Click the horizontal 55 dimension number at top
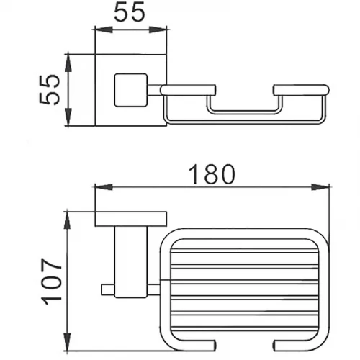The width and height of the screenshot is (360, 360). (130, 12)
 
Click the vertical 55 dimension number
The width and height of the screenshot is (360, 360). (49, 90)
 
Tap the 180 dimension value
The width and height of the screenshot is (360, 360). (211, 174)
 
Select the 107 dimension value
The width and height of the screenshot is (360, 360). (51, 282)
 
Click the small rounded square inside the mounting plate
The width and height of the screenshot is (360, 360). (131, 90)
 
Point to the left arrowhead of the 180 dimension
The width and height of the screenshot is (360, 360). (104, 187)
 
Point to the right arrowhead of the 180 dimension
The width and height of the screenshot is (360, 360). (321, 187)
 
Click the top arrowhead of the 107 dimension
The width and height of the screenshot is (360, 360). (68, 221)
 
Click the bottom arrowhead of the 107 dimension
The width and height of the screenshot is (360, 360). (68, 341)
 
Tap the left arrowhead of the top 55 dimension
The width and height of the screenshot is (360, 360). (104, 30)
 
